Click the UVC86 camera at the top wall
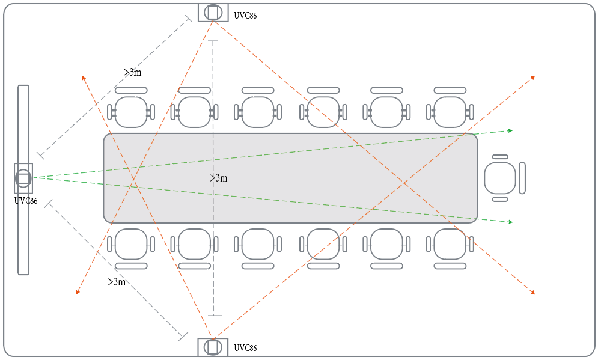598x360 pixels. coord(213,13)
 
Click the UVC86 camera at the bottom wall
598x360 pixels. coord(213,347)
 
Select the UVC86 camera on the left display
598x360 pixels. coord(23,178)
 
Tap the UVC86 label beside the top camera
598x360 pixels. coord(245,16)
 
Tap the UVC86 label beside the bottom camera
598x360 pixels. coord(245,348)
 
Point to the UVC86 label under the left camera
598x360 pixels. coord(26,201)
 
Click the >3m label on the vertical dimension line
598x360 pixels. coord(219,178)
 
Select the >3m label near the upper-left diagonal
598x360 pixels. coord(132,72)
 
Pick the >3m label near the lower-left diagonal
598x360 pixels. coord(117,282)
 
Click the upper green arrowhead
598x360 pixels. coord(510,130)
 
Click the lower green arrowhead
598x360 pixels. coord(510,222)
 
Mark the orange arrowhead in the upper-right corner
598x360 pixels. coord(532,78)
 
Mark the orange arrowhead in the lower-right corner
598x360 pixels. coord(532,293)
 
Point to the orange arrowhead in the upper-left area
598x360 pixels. coord(84,78)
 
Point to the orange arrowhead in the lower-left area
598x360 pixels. coord(78,292)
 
